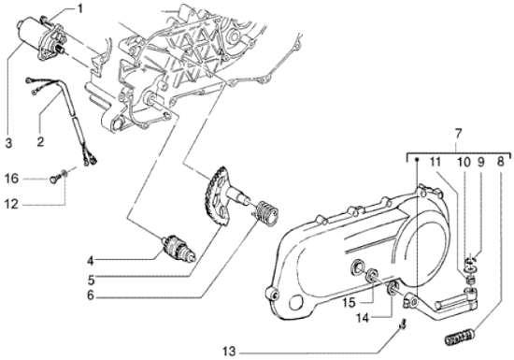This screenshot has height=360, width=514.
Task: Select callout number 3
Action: [7, 142]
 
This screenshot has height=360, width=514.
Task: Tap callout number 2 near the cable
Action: [41, 142]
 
